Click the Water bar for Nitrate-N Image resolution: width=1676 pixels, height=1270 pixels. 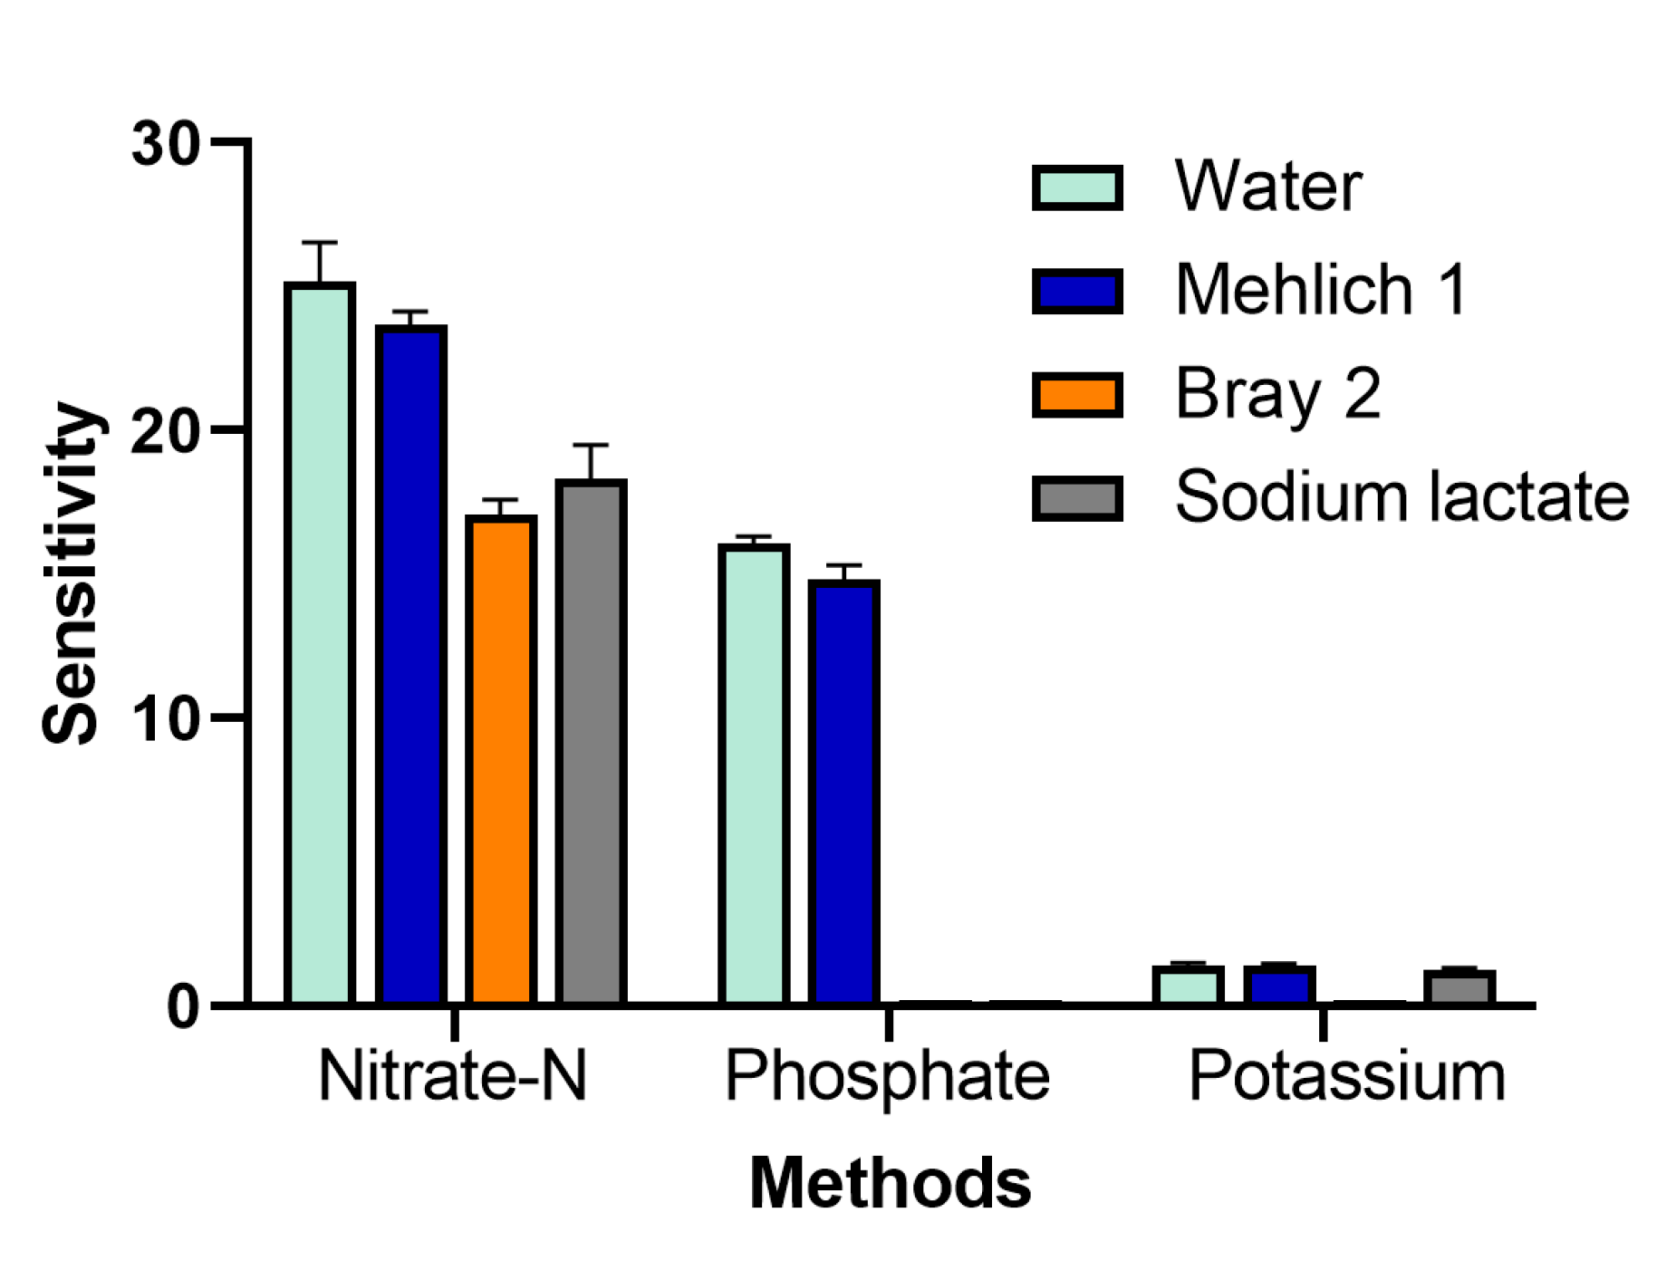click(x=319, y=643)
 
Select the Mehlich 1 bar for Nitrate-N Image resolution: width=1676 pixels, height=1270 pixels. click(x=410, y=666)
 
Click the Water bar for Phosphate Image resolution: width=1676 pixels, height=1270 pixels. click(x=753, y=775)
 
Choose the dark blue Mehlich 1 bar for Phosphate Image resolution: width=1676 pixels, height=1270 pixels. click(x=843, y=793)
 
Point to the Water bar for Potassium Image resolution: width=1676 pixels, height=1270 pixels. click(x=1188, y=986)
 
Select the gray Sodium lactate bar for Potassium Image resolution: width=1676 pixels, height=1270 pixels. click(x=1459, y=987)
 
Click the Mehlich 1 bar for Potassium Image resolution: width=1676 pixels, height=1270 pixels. click(x=1278, y=986)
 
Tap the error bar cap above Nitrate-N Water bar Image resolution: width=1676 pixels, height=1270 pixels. click(x=319, y=243)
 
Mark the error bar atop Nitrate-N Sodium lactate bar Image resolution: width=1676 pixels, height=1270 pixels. click(x=591, y=446)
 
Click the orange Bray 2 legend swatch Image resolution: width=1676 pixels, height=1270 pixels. click(x=1077, y=395)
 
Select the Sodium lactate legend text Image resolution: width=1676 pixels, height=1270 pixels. click(x=1401, y=496)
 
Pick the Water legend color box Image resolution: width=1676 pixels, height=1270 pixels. click(x=1077, y=188)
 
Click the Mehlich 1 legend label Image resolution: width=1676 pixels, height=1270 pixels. click(x=1320, y=290)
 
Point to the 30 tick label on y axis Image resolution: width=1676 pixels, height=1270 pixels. click(x=165, y=143)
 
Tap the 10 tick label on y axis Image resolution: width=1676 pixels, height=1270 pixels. click(x=165, y=719)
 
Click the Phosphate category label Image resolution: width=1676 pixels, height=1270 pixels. click(x=887, y=1076)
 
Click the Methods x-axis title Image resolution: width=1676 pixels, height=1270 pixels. click(x=890, y=1183)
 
